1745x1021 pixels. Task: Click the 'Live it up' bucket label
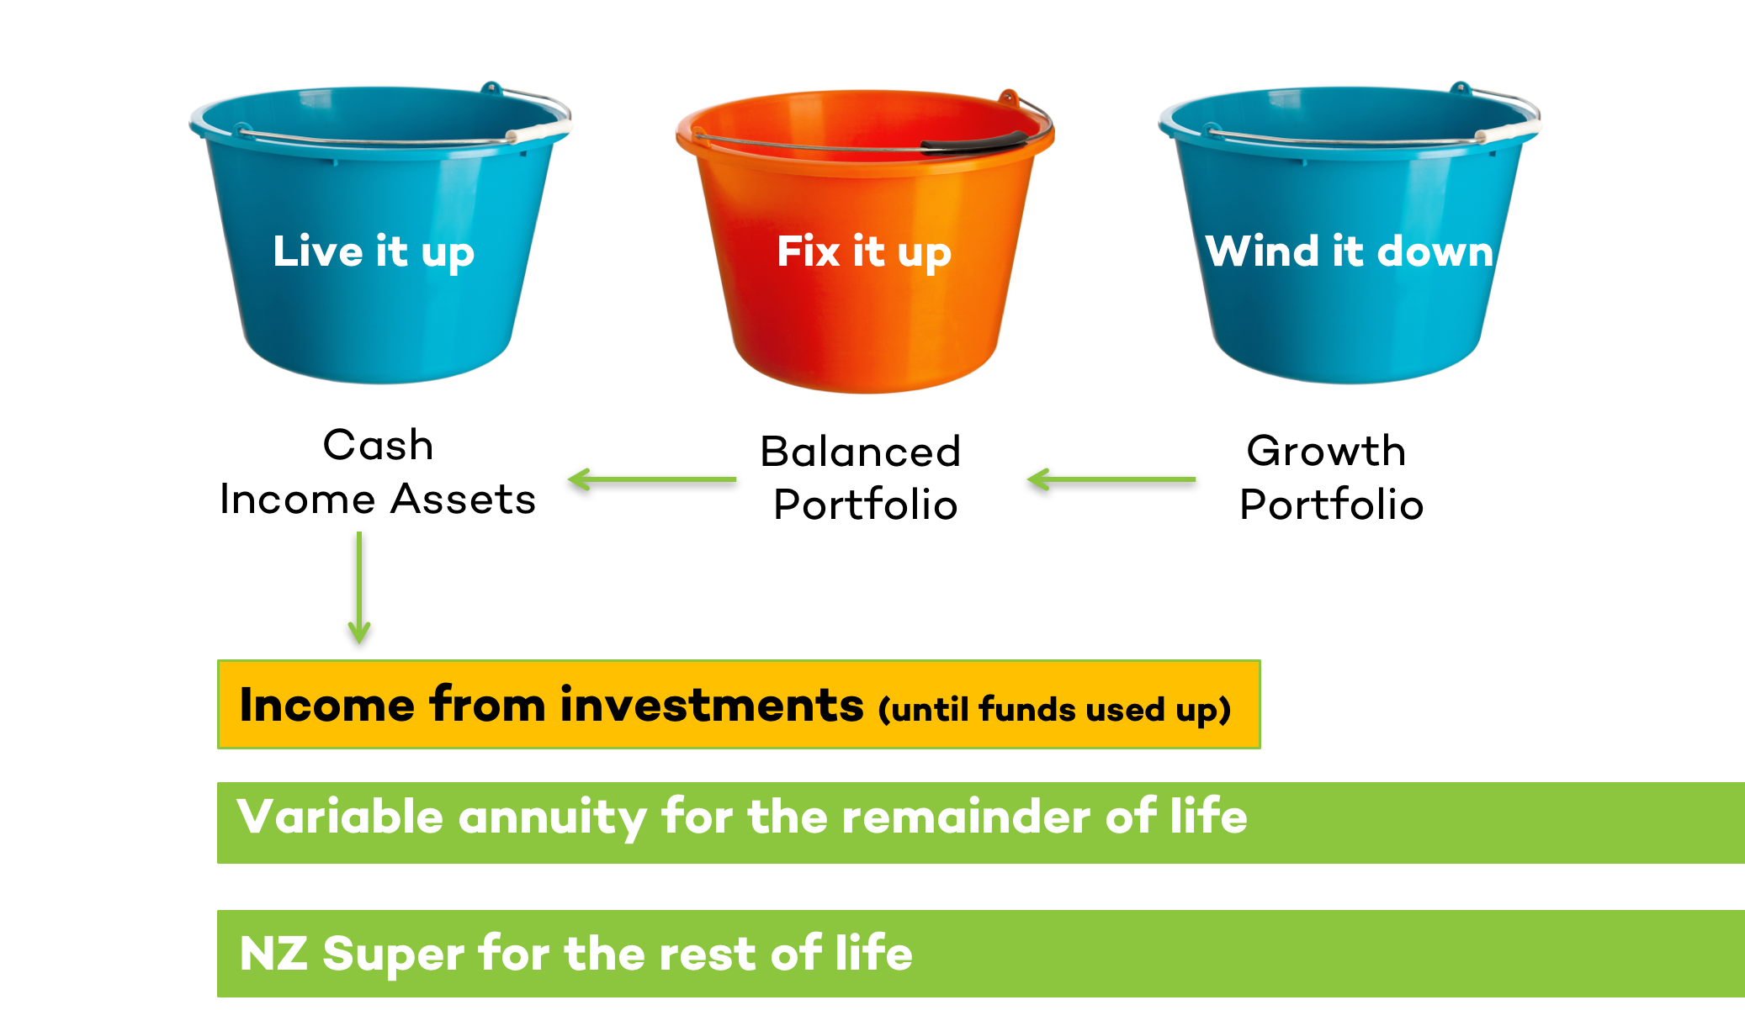[374, 252]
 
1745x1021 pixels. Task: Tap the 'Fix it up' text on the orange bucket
[864, 252]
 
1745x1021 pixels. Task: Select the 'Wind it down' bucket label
[1350, 251]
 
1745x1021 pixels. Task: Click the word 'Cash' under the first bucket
[379, 445]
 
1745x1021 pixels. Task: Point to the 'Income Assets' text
[378, 499]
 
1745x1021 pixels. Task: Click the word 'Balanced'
[861, 452]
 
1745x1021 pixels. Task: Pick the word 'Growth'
[1326, 451]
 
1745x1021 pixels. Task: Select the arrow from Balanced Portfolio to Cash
[652, 479]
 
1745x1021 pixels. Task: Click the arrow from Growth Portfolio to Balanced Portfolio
[1111, 479]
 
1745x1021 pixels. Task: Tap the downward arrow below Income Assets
[359, 588]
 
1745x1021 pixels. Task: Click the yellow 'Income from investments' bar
[739, 705]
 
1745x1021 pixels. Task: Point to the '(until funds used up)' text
[1055, 710]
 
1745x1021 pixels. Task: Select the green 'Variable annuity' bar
[981, 823]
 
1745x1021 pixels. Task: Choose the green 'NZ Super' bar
[981, 954]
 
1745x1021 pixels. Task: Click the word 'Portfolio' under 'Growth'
[1332, 505]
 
